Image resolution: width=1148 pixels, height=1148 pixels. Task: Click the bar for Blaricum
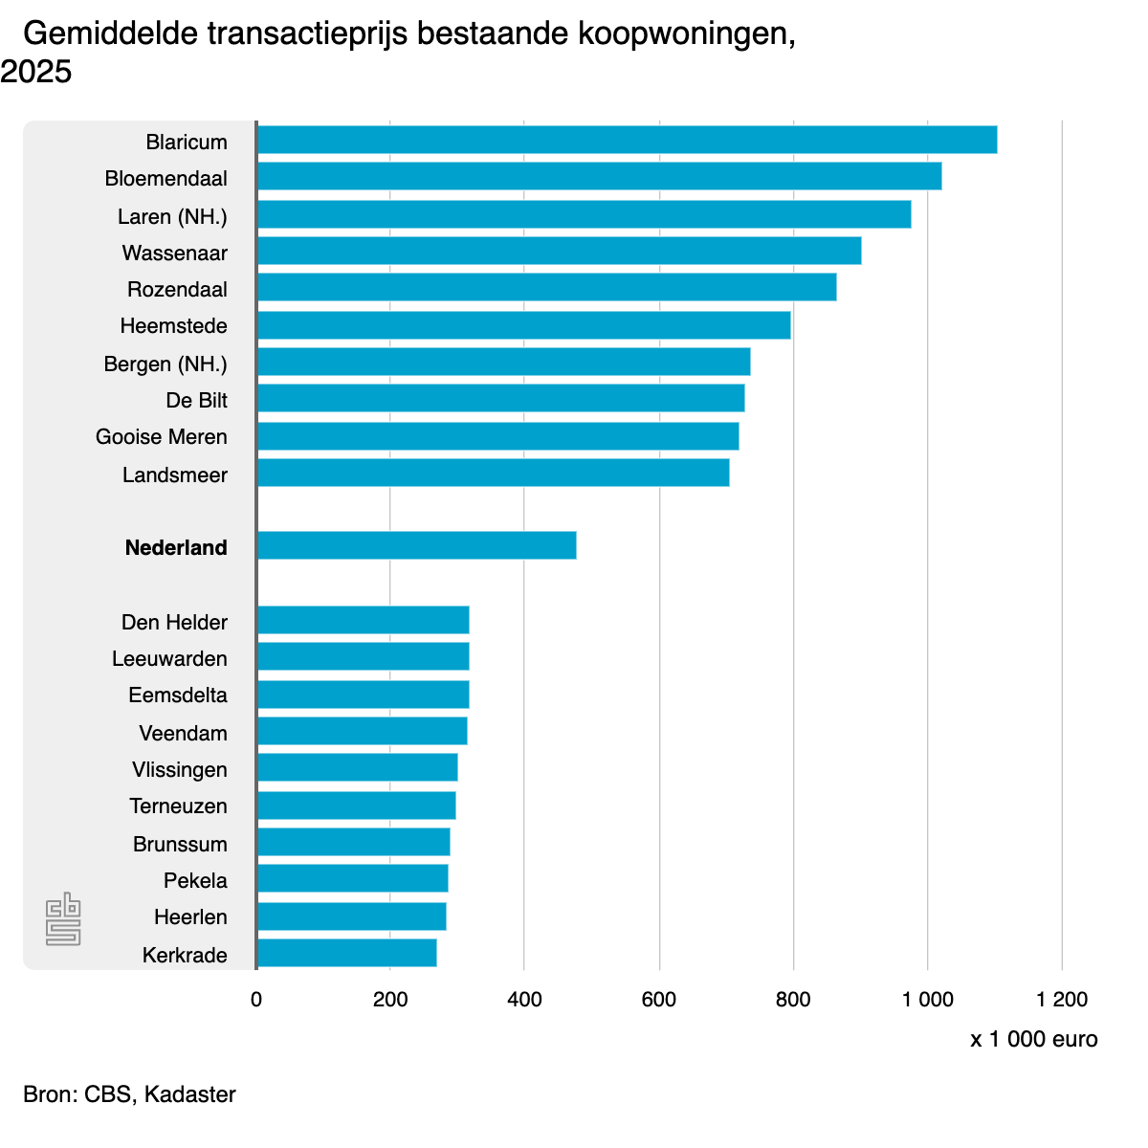click(x=627, y=140)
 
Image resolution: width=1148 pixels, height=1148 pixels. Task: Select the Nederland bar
click(x=416, y=545)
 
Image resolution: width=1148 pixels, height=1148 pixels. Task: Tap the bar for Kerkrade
click(x=346, y=953)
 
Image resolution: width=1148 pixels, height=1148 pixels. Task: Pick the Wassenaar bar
click(x=559, y=251)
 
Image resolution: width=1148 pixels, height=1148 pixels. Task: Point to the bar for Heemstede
click(x=523, y=325)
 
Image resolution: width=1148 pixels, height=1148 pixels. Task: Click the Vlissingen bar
click(x=357, y=767)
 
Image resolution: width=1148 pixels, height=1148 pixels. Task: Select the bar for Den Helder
click(x=363, y=620)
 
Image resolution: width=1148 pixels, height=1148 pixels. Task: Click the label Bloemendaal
click(x=166, y=179)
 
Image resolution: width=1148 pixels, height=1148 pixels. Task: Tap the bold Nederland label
click(x=176, y=548)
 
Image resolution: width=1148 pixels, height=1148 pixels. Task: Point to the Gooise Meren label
click(x=162, y=437)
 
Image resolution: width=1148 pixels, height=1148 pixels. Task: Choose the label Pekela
click(x=195, y=881)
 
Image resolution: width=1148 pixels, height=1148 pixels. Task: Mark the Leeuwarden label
click(x=169, y=659)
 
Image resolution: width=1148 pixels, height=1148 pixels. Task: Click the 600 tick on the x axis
click(x=659, y=1000)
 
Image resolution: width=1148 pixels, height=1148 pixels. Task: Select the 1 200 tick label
click(x=1062, y=1000)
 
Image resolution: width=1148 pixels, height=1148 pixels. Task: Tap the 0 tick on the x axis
click(x=256, y=1000)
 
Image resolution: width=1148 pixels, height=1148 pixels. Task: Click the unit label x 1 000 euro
click(x=1034, y=1040)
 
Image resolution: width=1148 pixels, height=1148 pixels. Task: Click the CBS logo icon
click(x=63, y=919)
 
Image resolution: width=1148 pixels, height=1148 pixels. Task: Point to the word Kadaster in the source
click(x=190, y=1094)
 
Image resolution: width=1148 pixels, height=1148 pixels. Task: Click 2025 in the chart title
click(x=36, y=72)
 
